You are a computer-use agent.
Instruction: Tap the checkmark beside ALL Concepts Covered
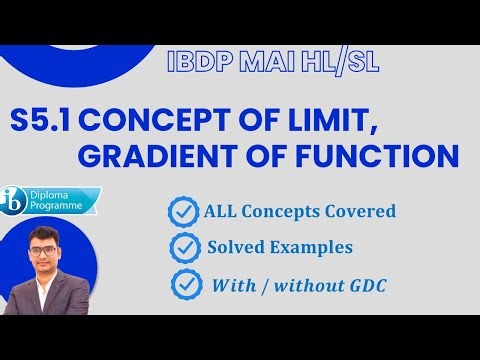pos(182,212)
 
